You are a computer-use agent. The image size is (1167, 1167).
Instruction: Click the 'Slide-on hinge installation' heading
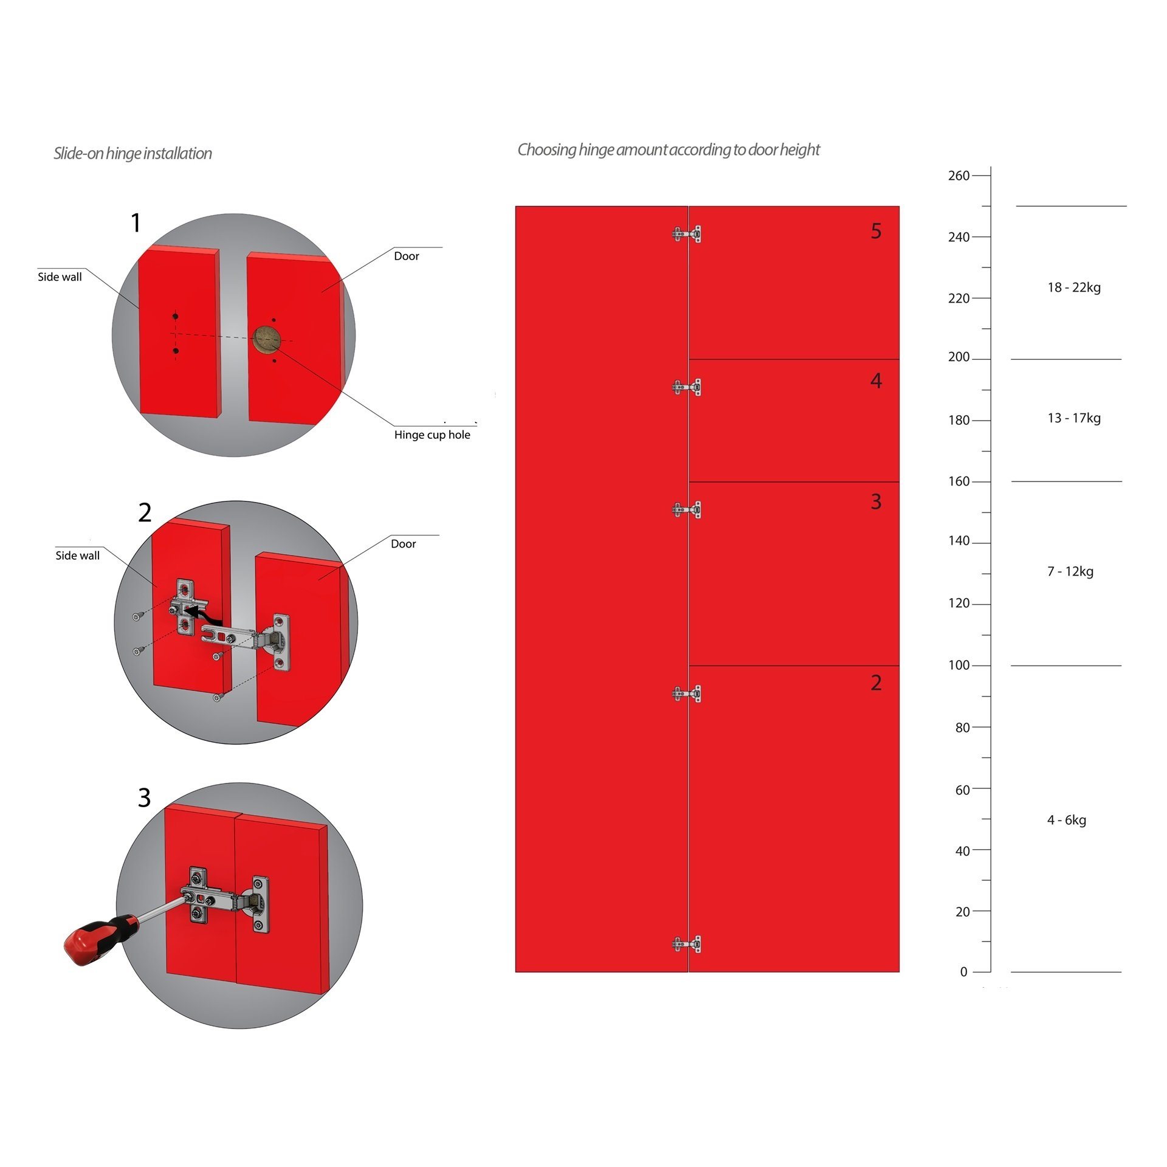(x=133, y=154)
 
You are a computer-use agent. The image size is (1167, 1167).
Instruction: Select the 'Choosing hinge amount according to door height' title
(x=669, y=150)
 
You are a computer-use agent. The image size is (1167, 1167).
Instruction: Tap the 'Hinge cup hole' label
(x=432, y=435)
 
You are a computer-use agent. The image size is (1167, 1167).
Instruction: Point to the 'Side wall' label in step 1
(x=60, y=277)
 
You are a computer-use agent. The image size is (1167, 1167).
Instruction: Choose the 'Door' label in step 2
(x=404, y=544)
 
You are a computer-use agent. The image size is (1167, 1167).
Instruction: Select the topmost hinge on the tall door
(x=687, y=234)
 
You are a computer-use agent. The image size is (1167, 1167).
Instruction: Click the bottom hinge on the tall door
(x=687, y=944)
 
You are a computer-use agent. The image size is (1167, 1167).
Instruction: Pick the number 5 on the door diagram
(x=876, y=231)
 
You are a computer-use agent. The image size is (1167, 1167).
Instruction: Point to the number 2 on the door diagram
(x=876, y=683)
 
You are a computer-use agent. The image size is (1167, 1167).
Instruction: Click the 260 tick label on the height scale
(x=959, y=176)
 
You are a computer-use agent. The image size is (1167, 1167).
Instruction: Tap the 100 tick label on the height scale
(x=959, y=666)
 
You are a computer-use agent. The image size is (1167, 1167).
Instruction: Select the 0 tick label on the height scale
(x=963, y=972)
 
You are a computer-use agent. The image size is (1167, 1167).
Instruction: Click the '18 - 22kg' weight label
(x=1074, y=287)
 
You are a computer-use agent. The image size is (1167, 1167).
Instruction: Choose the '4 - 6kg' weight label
(x=1067, y=820)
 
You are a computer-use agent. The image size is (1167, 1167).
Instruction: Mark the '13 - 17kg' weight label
(x=1074, y=418)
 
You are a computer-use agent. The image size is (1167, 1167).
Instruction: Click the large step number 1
(x=136, y=222)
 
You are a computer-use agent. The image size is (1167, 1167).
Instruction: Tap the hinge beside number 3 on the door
(x=687, y=509)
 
